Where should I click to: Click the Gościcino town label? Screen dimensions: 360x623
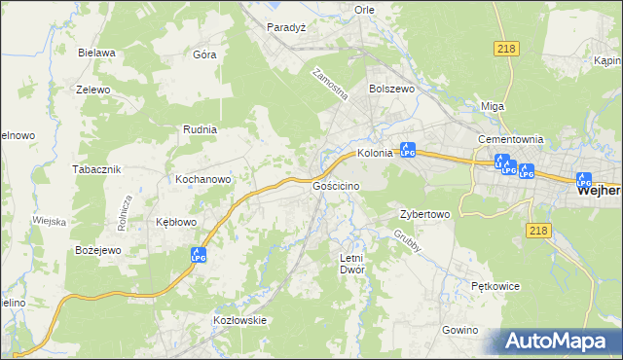pyautogui.click(x=337, y=185)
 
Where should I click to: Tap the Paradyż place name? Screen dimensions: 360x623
pyautogui.click(x=286, y=27)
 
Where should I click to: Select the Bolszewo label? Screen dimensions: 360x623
pyautogui.click(x=391, y=88)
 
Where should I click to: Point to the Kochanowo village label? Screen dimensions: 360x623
pyautogui.click(x=202, y=180)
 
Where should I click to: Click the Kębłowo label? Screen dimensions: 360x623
pyautogui.click(x=176, y=222)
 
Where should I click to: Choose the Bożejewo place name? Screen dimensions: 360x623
pyautogui.click(x=97, y=250)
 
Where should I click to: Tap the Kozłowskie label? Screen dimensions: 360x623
pyautogui.click(x=239, y=319)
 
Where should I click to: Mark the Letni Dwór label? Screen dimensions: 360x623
pyautogui.click(x=351, y=264)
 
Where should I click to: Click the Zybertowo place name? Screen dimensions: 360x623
pyautogui.click(x=424, y=214)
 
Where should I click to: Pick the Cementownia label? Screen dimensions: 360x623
pyautogui.click(x=510, y=139)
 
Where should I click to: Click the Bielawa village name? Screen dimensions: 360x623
pyautogui.click(x=97, y=53)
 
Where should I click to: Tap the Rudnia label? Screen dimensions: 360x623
pyautogui.click(x=200, y=128)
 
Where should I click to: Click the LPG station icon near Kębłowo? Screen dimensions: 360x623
pyautogui.click(x=199, y=255)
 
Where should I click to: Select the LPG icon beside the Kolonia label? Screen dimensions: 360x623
pyautogui.click(x=409, y=151)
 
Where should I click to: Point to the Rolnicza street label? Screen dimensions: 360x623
pyautogui.click(x=125, y=211)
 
